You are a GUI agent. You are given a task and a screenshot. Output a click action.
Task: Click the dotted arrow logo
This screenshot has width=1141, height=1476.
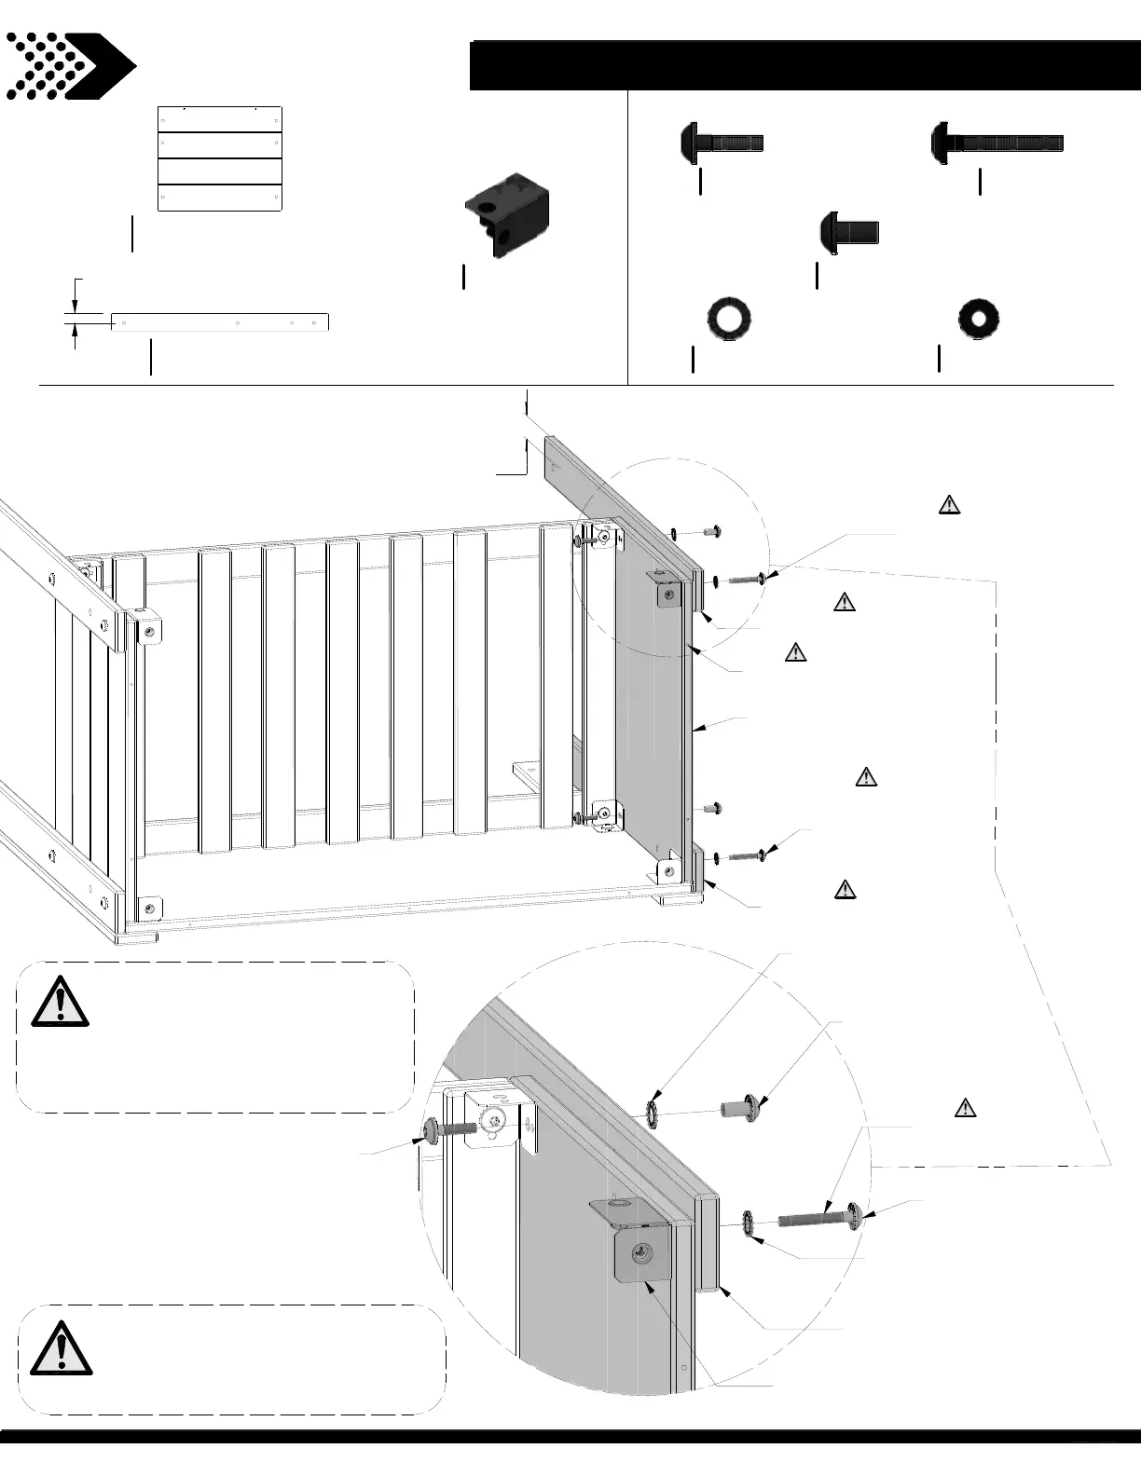(x=70, y=66)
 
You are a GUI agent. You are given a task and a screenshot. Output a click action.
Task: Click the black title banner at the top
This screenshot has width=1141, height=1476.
(x=804, y=65)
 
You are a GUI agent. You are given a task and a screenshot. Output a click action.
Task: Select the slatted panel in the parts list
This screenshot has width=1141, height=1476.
(x=220, y=159)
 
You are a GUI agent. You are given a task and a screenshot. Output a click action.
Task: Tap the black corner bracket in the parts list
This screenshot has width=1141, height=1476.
(x=506, y=214)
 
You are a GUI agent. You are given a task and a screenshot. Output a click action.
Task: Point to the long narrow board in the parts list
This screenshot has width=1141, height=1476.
(x=220, y=322)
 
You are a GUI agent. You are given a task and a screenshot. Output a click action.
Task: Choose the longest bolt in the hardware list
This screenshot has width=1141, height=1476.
(x=997, y=143)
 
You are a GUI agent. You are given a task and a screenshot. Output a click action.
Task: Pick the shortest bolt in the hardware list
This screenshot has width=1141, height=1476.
(x=849, y=230)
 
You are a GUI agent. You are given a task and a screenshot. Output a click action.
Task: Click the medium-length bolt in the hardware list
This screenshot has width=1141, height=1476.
(x=722, y=143)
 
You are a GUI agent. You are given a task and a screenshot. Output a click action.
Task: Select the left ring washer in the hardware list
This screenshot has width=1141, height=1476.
(x=729, y=319)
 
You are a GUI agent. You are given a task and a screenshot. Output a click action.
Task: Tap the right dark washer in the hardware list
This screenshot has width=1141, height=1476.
(x=979, y=319)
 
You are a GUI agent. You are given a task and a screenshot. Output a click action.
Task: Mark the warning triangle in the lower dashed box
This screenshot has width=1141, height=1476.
(x=62, y=1348)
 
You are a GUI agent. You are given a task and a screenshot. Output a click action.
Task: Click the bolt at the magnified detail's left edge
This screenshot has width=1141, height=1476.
(x=451, y=1129)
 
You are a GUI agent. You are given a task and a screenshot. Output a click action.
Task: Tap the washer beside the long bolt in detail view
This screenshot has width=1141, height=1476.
(x=749, y=1223)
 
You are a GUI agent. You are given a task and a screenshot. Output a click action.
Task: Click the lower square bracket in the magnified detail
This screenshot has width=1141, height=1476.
(x=640, y=1253)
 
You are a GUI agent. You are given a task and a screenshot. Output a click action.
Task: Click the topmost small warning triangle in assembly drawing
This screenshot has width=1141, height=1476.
(x=948, y=506)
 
